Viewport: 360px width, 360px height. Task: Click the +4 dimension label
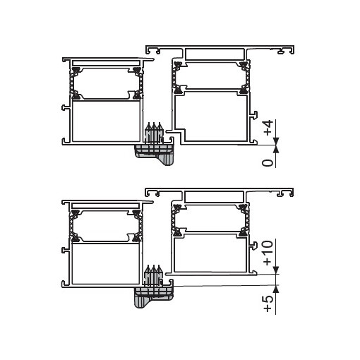[268, 128]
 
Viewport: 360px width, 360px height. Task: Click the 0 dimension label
[268, 163]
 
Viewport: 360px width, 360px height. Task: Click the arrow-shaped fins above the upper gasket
[154, 132]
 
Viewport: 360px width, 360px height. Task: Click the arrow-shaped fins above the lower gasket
[154, 274]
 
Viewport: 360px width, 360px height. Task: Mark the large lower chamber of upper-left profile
[104, 121]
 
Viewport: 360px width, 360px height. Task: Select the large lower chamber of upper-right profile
[212, 116]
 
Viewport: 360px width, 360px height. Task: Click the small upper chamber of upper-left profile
[104, 83]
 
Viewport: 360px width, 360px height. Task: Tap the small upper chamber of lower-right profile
[210, 217]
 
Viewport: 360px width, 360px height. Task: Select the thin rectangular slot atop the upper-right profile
[216, 53]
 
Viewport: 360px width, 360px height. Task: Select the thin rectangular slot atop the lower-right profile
[216, 194]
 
